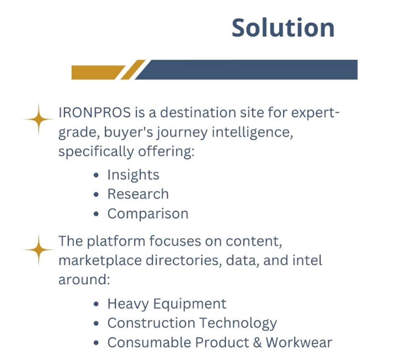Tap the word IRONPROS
pyautogui.click(x=94, y=112)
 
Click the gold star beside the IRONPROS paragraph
pyautogui.click(x=39, y=119)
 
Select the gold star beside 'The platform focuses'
pyautogui.click(x=39, y=250)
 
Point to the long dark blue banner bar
pyautogui.click(x=246, y=70)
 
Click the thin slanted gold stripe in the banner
pyautogui.click(x=133, y=70)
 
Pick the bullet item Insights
pyautogui.click(x=133, y=175)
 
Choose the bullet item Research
pyautogui.click(x=138, y=194)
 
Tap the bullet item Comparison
pyautogui.click(x=148, y=214)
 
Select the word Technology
pyautogui.click(x=238, y=324)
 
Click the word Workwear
pyautogui.click(x=299, y=343)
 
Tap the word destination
pyautogui.click(x=198, y=112)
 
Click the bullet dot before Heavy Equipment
pyautogui.click(x=96, y=304)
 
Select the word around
pyautogui.click(x=84, y=280)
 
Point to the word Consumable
pyautogui.click(x=149, y=343)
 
